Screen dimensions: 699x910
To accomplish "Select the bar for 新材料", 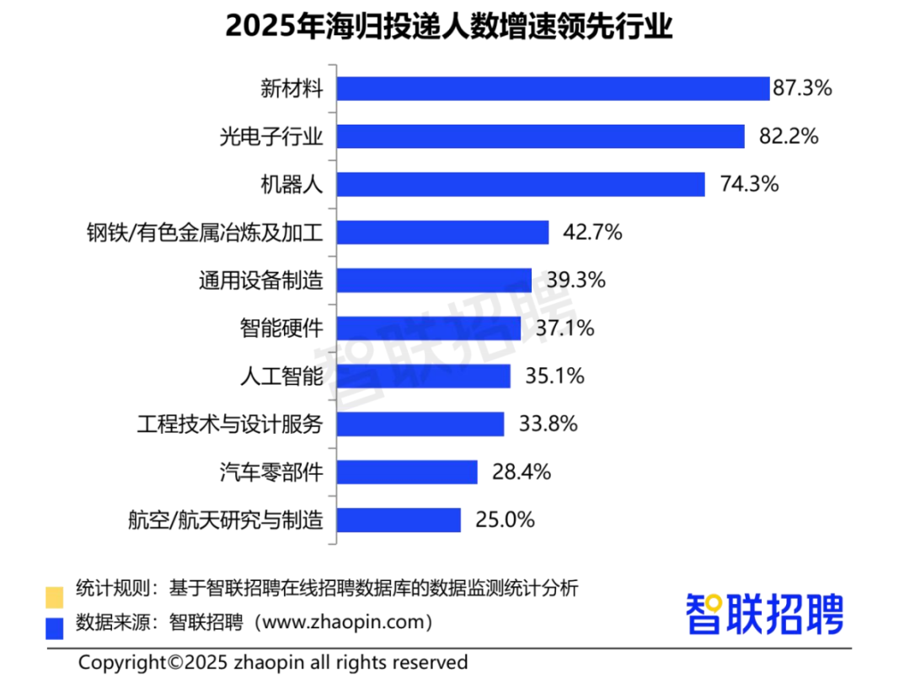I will pyautogui.click(x=553, y=88).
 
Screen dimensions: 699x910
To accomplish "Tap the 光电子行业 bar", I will pyautogui.click(x=540, y=136).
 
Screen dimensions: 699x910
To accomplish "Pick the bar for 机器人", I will pyautogui.click(x=521, y=184).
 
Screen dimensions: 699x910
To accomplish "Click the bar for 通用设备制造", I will pyautogui.click(x=434, y=280).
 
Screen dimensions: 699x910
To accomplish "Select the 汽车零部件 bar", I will pyautogui.click(x=407, y=472).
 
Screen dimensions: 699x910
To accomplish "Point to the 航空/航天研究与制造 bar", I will pyautogui.click(x=399, y=520).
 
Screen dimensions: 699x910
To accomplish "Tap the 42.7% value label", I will pyautogui.click(x=593, y=232).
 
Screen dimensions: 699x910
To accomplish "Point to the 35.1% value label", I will pyautogui.click(x=554, y=376).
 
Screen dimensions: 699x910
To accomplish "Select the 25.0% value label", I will pyautogui.click(x=505, y=520).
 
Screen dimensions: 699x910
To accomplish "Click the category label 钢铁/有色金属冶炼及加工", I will pyautogui.click(x=205, y=232).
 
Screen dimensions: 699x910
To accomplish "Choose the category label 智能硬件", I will pyautogui.click(x=282, y=328).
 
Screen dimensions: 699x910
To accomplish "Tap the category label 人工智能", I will pyautogui.click(x=282, y=376).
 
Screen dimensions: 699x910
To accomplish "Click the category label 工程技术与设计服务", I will pyautogui.click(x=230, y=424).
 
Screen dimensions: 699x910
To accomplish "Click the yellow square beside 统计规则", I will pyautogui.click(x=55, y=597).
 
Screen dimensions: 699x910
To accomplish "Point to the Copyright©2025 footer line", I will pyautogui.click(x=273, y=663).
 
